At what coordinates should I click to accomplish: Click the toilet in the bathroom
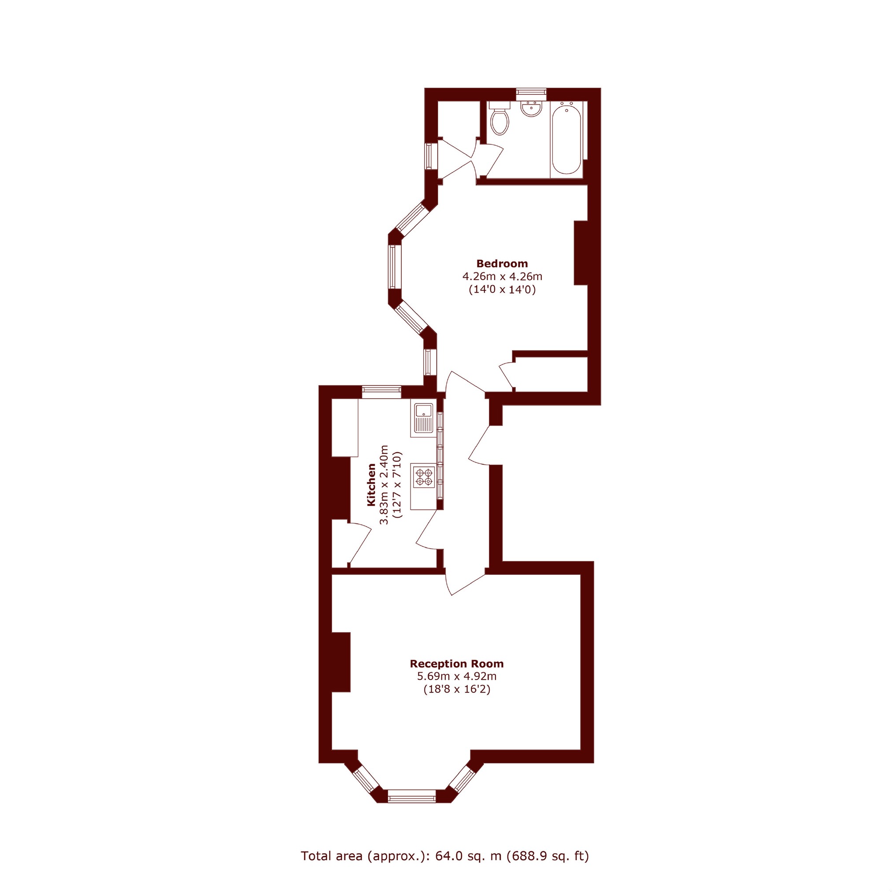tap(500, 118)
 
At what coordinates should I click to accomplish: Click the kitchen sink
tap(423, 418)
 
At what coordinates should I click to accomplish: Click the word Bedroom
tap(502, 263)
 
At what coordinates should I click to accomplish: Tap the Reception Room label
tap(457, 664)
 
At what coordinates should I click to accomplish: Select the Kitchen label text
tap(372, 485)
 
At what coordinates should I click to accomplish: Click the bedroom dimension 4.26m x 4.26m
tap(502, 277)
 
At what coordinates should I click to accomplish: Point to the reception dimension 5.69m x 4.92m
tap(457, 677)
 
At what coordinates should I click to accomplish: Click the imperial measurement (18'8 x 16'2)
tap(457, 690)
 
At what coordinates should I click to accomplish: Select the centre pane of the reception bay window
tap(411, 796)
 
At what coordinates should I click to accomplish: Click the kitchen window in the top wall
tap(381, 392)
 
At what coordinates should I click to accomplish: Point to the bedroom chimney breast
tap(581, 253)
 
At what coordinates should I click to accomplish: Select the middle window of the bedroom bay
tap(393, 267)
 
